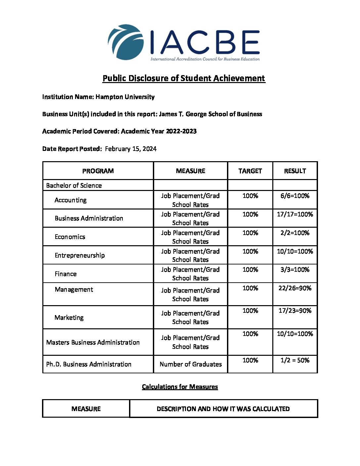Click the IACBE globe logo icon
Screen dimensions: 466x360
coord(125,42)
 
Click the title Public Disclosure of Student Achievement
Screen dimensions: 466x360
coord(184,78)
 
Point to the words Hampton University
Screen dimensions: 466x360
coord(125,97)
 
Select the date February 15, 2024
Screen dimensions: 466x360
coord(131,149)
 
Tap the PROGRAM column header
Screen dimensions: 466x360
coord(98,171)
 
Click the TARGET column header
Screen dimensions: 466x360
coord(250,171)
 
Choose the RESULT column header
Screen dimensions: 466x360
coord(295,171)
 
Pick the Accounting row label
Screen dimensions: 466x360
coord(70,200)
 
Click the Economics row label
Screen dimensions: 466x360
coord(70,237)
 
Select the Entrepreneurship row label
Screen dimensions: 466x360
coord(80,256)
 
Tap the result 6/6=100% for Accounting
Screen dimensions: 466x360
coord(295,196)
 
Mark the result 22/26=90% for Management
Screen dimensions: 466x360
coord(295,288)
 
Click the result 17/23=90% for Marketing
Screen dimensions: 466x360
coord(295,311)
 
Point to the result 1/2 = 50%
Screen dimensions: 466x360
coord(295,360)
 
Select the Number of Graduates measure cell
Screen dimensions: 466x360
coord(191,364)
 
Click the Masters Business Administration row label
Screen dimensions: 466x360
coord(93,343)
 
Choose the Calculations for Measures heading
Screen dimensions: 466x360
coord(180,387)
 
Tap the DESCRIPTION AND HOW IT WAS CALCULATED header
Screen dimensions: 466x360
coord(223,409)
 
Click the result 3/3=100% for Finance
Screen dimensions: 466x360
coord(295,270)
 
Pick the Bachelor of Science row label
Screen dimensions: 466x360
coord(74,186)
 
